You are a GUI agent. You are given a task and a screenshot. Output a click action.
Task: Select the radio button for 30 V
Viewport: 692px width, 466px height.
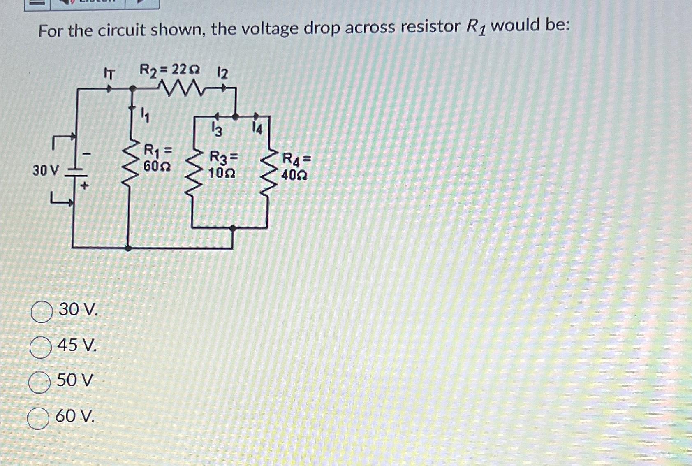(42, 312)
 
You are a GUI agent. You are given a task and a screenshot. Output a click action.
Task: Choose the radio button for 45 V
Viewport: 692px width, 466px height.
(41, 348)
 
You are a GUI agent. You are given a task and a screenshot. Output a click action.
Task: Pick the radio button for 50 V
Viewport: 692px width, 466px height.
(39, 383)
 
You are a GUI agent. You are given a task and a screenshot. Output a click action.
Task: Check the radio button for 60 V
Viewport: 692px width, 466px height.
(38, 419)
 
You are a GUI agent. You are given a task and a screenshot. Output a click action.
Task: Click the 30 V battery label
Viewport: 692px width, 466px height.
(46, 170)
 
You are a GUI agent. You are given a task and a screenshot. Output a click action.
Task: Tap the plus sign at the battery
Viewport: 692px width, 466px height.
(84, 186)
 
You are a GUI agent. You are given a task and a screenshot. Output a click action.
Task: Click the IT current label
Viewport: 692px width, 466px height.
(109, 74)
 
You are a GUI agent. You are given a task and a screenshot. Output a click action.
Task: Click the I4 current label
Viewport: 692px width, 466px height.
(257, 129)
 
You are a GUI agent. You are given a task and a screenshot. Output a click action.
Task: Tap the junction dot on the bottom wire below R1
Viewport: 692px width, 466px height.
(128, 248)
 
